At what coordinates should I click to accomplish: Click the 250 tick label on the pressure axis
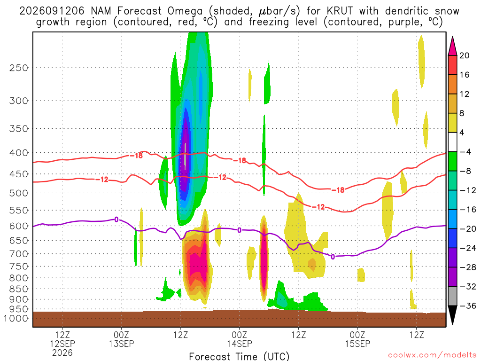pos(19,68)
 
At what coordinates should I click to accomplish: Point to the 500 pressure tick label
pos(19,193)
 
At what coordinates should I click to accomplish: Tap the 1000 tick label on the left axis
pos(16,318)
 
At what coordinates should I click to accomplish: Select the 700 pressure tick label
pos(19,254)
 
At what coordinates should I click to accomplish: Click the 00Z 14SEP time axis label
pos(239,339)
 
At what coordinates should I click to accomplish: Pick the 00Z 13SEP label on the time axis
pos(121,339)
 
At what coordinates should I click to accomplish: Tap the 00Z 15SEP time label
pos(357,339)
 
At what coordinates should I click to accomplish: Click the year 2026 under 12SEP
pos(62,353)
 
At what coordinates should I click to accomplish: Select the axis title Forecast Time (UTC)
pos(239,356)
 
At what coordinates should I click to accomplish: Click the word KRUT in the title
pos(340,11)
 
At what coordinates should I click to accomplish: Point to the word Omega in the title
pos(185,12)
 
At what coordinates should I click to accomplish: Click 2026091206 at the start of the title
pos(52,11)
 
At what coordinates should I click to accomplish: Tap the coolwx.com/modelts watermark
pos(432,355)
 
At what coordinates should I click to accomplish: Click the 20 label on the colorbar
pos(464,55)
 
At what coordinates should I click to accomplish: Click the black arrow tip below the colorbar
pos(452,324)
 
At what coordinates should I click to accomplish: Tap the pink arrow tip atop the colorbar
pos(452,37)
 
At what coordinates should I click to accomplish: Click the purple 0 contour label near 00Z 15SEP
pos(333,257)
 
